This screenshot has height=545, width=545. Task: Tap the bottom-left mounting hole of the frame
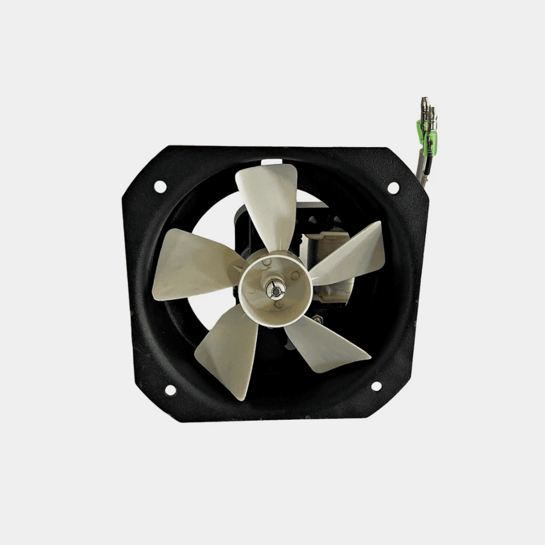click(170, 390)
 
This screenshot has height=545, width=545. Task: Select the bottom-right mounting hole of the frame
click(376, 386)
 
